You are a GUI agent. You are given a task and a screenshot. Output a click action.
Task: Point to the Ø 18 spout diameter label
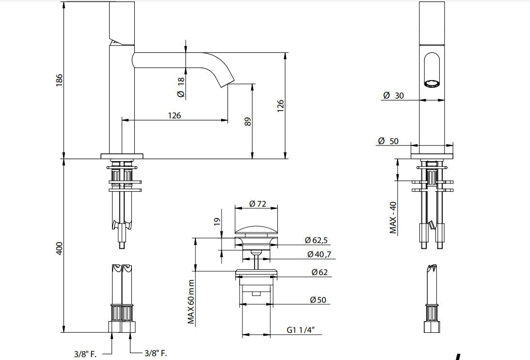180,87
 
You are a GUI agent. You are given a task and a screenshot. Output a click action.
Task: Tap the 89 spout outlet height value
248,121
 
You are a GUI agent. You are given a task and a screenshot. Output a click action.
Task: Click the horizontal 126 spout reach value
174,115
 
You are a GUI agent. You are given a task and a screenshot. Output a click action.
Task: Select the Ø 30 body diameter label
393,96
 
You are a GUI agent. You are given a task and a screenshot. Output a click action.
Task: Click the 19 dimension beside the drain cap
217,222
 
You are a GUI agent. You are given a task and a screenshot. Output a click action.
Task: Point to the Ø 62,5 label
317,240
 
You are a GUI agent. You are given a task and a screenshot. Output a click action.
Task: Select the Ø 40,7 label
319,254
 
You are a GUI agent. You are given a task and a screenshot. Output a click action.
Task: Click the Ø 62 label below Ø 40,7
319,272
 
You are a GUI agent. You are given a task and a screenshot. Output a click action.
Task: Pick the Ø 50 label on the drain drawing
318,300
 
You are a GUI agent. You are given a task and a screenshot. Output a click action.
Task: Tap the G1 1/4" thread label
301,330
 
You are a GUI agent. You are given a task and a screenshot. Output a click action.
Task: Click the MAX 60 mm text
191,301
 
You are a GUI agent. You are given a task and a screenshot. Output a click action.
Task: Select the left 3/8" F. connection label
85,354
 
